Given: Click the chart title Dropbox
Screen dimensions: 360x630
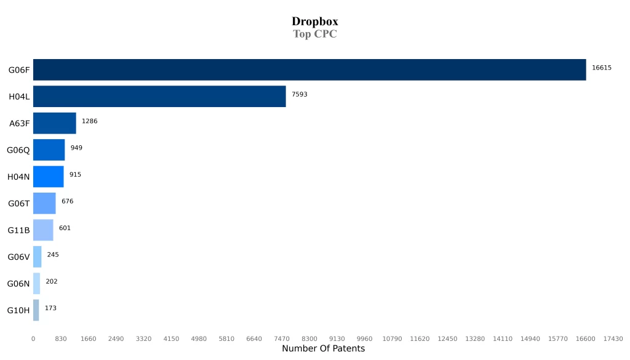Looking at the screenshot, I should point(314,22).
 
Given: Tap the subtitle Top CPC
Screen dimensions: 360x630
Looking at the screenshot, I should point(314,34).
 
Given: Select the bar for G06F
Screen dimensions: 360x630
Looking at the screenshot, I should point(309,70).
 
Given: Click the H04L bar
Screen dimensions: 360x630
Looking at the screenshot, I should point(159,97).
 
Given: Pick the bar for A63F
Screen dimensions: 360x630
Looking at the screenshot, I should point(55,123).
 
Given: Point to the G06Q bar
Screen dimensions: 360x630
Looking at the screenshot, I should point(49,150).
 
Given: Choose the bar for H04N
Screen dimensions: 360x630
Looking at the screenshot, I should point(48,177).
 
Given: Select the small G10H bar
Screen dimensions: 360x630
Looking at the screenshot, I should point(36,310).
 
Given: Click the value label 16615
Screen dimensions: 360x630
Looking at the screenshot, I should point(601,68).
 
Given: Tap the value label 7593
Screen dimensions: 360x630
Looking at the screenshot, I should point(300,94).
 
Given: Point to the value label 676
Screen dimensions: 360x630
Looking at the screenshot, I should point(67,201).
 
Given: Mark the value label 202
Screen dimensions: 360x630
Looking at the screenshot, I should point(51,281).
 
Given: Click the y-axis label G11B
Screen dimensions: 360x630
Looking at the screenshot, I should point(18,230).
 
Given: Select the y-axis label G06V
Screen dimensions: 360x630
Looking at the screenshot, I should point(18,257).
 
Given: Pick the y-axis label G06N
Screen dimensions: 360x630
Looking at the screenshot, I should point(18,284).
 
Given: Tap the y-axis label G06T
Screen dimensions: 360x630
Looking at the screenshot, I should point(18,204).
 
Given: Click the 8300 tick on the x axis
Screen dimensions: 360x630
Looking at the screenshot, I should point(309,339).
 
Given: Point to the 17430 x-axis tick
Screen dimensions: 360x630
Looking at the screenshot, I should point(613,339).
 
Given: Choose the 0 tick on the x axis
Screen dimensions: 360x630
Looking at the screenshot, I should point(33,339).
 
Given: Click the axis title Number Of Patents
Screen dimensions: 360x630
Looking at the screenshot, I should point(323,349).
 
